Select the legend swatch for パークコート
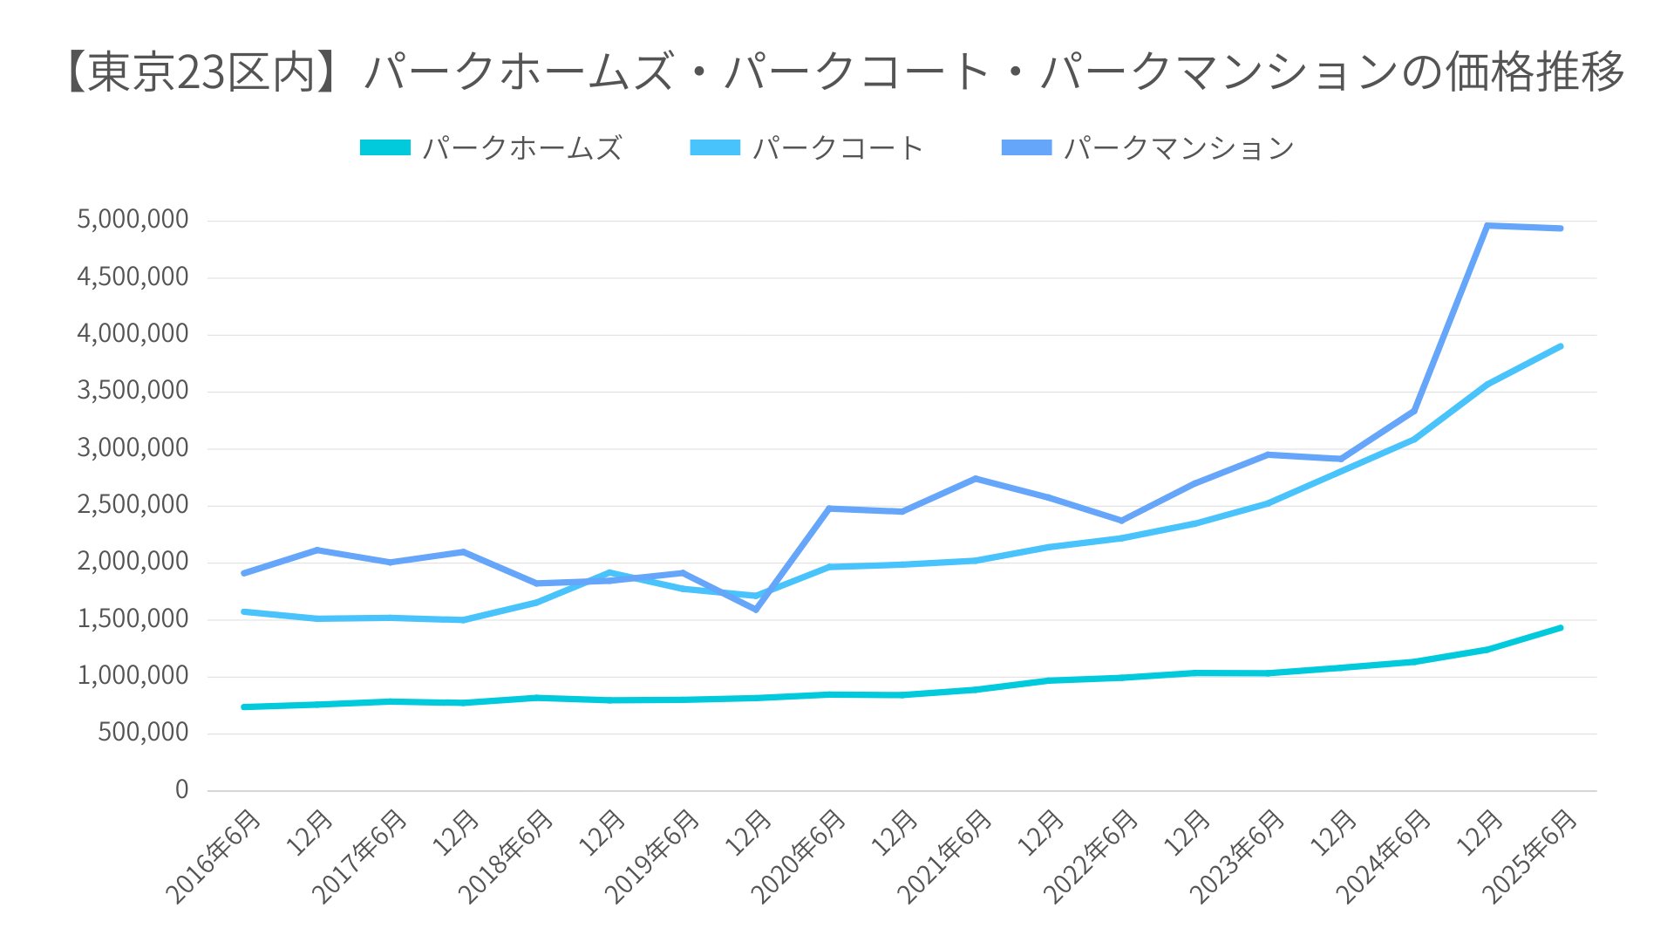pos(715,148)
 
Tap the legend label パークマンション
pos(1179,148)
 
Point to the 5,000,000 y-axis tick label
pos(133,220)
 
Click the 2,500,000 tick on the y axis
pos(133,505)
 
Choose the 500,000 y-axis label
pos(143,733)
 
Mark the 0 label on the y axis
pos(181,789)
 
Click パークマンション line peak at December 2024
pos(1487,226)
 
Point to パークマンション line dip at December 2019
pos(756,609)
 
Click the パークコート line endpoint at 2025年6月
pos(1560,346)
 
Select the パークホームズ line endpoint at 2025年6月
pos(1560,628)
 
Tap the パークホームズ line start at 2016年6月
pos(243,706)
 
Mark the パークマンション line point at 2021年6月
pos(975,479)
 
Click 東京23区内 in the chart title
pos(201,72)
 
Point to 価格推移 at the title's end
pos(1534,72)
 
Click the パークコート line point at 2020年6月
pos(829,567)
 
